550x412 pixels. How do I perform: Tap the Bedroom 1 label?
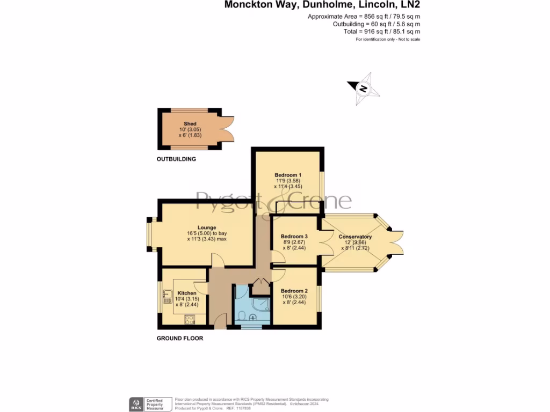coord(288,175)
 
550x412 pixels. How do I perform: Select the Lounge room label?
coord(206,227)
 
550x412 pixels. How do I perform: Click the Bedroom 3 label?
coord(294,237)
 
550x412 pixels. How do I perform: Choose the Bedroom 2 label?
coord(294,291)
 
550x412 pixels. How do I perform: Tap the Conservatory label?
coord(355,237)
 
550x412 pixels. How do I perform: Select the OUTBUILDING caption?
coord(176,159)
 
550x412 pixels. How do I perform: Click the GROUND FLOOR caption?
coord(180,339)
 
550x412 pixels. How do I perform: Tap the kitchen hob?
coord(190,320)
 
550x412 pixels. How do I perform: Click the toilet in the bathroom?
coord(243,315)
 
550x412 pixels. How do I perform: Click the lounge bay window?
coord(152,233)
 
